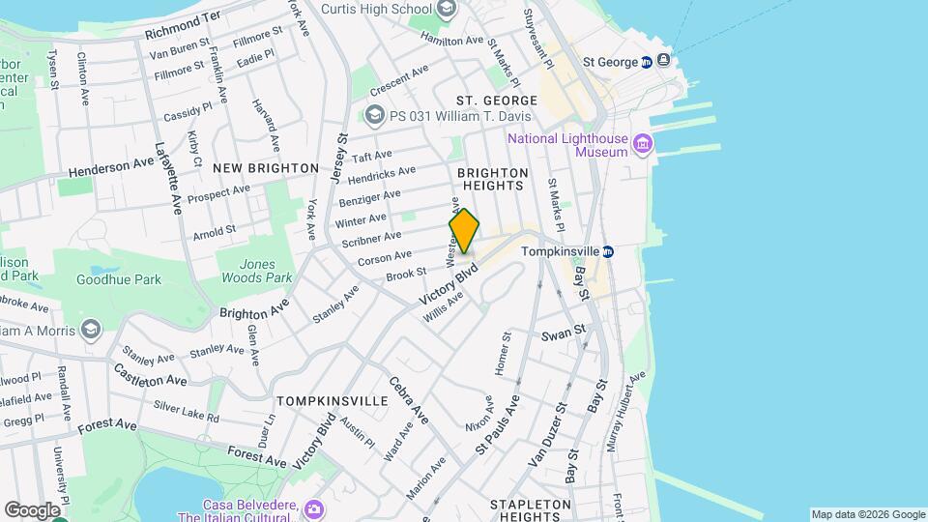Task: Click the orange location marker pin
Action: click(464, 231)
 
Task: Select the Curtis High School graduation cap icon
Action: click(446, 10)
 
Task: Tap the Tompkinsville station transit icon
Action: click(608, 251)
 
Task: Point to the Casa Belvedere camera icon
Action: click(312, 509)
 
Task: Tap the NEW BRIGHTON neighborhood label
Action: click(265, 168)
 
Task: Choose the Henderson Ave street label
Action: click(111, 168)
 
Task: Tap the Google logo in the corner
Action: click(32, 509)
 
